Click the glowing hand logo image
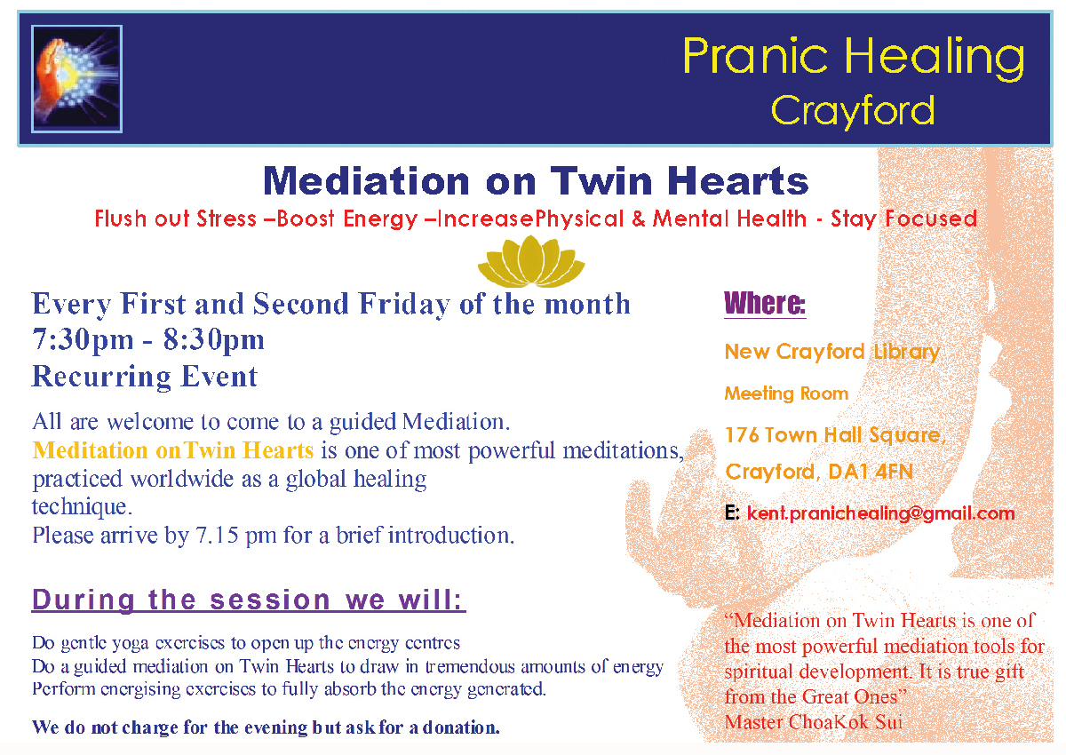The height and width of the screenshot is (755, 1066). coord(76,79)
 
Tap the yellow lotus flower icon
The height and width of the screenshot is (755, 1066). coord(531,261)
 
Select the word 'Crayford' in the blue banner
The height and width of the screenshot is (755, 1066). coord(853,110)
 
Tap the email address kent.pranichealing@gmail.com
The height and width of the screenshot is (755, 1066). coord(880,513)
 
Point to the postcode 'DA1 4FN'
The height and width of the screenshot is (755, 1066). coord(871,472)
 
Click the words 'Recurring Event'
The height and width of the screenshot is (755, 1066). coord(145,377)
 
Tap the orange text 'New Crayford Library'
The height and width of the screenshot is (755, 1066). coord(831,353)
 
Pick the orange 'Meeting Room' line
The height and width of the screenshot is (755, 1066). coord(786,393)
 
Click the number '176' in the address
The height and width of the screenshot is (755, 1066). coord(742,435)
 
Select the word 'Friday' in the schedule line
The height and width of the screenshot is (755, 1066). coord(404,305)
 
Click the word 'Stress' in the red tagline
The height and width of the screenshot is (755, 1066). coord(227,219)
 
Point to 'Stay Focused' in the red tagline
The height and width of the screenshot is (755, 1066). coord(903,219)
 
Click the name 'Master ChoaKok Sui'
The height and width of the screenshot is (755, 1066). coord(814,722)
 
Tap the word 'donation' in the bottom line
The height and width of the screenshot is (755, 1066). coord(460,727)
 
